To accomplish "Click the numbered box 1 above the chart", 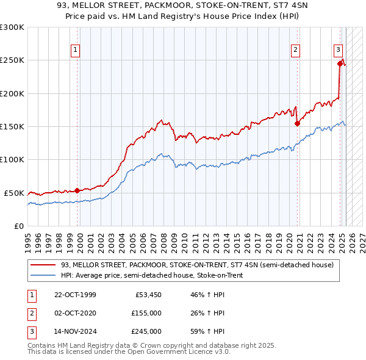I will [x=75, y=50].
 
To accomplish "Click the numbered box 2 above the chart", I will [x=295, y=50].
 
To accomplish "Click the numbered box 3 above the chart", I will [x=338, y=50].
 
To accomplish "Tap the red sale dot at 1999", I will [x=77, y=190].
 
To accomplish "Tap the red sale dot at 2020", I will [x=298, y=123].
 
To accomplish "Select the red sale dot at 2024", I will [x=340, y=63].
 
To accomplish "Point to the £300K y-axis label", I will [x=12, y=27].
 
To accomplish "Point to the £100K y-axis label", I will [x=12, y=159].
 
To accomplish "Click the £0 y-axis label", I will [x=18, y=226].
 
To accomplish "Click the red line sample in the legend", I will [x=43, y=265].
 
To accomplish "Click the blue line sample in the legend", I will [x=43, y=275].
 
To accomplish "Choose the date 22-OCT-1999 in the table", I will [x=75, y=295].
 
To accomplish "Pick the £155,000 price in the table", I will [x=146, y=313].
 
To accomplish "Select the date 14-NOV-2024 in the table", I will [x=75, y=331].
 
